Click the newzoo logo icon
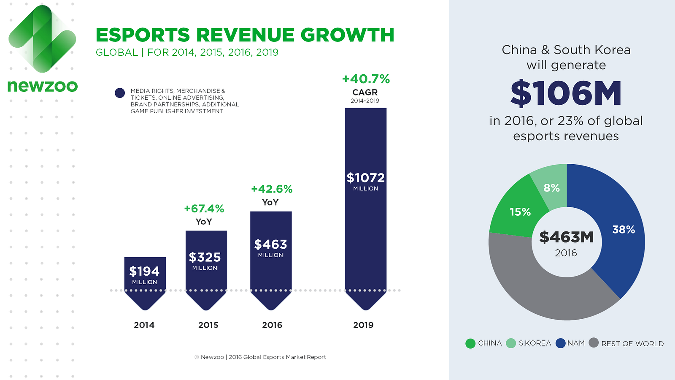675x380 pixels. [x=42, y=39]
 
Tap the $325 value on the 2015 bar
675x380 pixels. [x=205, y=257]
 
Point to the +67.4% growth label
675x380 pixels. [x=204, y=209]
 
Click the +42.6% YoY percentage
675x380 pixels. [x=272, y=189]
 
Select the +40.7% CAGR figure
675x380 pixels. [x=366, y=79]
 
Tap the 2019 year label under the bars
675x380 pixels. [x=363, y=325]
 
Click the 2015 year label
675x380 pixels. [x=208, y=325]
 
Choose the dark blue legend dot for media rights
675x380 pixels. [x=120, y=93]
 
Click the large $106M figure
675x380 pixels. [x=566, y=93]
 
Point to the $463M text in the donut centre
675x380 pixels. [x=566, y=237]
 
